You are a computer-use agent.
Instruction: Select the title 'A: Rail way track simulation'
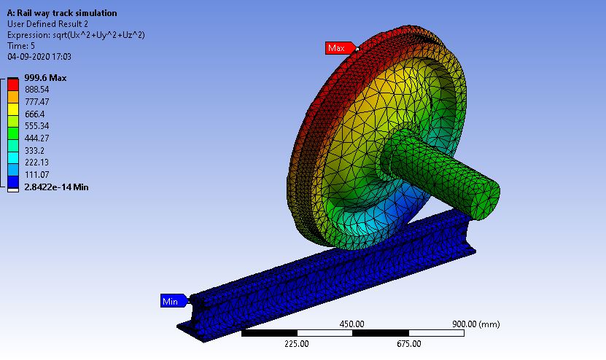tap(61, 13)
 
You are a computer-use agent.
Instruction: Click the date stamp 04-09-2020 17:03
tap(39, 56)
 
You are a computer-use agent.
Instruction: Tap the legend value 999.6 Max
tap(45, 77)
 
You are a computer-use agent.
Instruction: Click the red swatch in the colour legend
tap(13, 85)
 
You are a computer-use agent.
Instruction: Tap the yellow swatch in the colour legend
tap(13, 109)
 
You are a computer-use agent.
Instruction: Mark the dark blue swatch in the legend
tap(13, 181)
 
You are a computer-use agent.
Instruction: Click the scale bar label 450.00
tap(352, 324)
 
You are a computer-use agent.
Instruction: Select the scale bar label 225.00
tap(297, 344)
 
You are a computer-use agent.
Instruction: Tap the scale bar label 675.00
tap(408, 344)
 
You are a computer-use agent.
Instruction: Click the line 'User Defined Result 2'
tap(48, 24)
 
